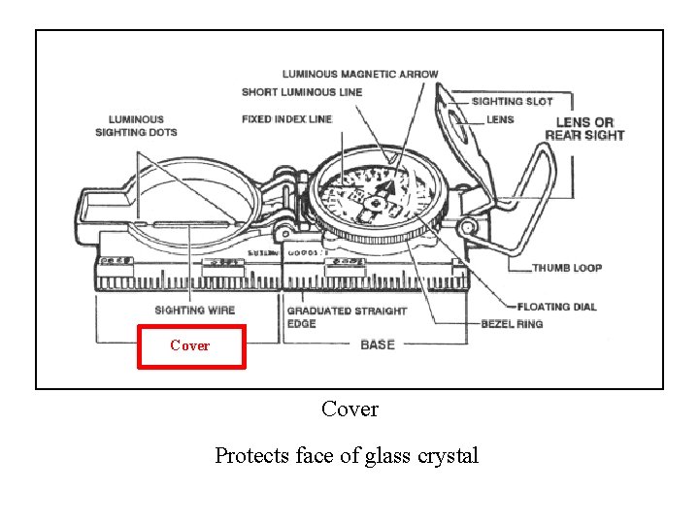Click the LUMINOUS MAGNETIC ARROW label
point(360,74)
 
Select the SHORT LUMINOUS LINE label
point(302,92)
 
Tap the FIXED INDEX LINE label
point(286,119)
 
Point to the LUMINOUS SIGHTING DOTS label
point(136,126)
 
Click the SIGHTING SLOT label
point(512,101)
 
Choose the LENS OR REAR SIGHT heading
point(584,128)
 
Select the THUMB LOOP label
point(567,268)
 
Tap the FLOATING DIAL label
point(557,307)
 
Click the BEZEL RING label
point(512,323)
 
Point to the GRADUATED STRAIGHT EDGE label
point(347,316)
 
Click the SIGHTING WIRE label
point(194,311)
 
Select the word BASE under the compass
point(378,344)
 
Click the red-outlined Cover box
point(191,345)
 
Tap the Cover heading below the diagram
point(349,409)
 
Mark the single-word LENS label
point(501,119)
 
